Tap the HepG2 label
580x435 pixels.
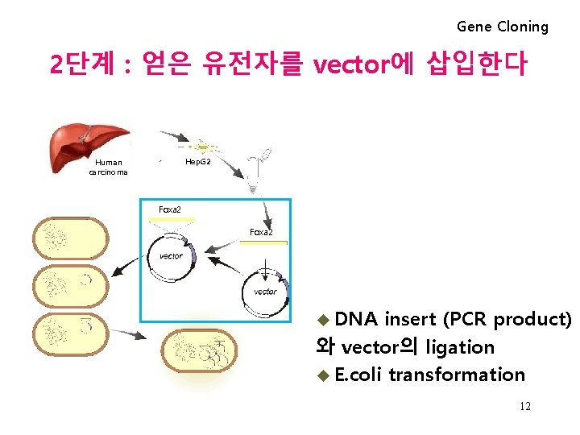[x=199, y=162]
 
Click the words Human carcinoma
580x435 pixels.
[x=108, y=167]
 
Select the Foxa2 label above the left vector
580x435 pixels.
[x=170, y=210]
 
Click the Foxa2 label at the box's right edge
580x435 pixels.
[x=261, y=232]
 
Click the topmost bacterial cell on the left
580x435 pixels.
[x=70, y=238]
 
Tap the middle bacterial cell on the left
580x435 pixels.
[x=70, y=284]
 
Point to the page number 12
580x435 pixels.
[x=524, y=407]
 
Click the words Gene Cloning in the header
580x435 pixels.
[x=502, y=27]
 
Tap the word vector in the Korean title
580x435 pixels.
[x=350, y=64]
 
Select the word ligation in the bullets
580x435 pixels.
[x=460, y=347]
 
